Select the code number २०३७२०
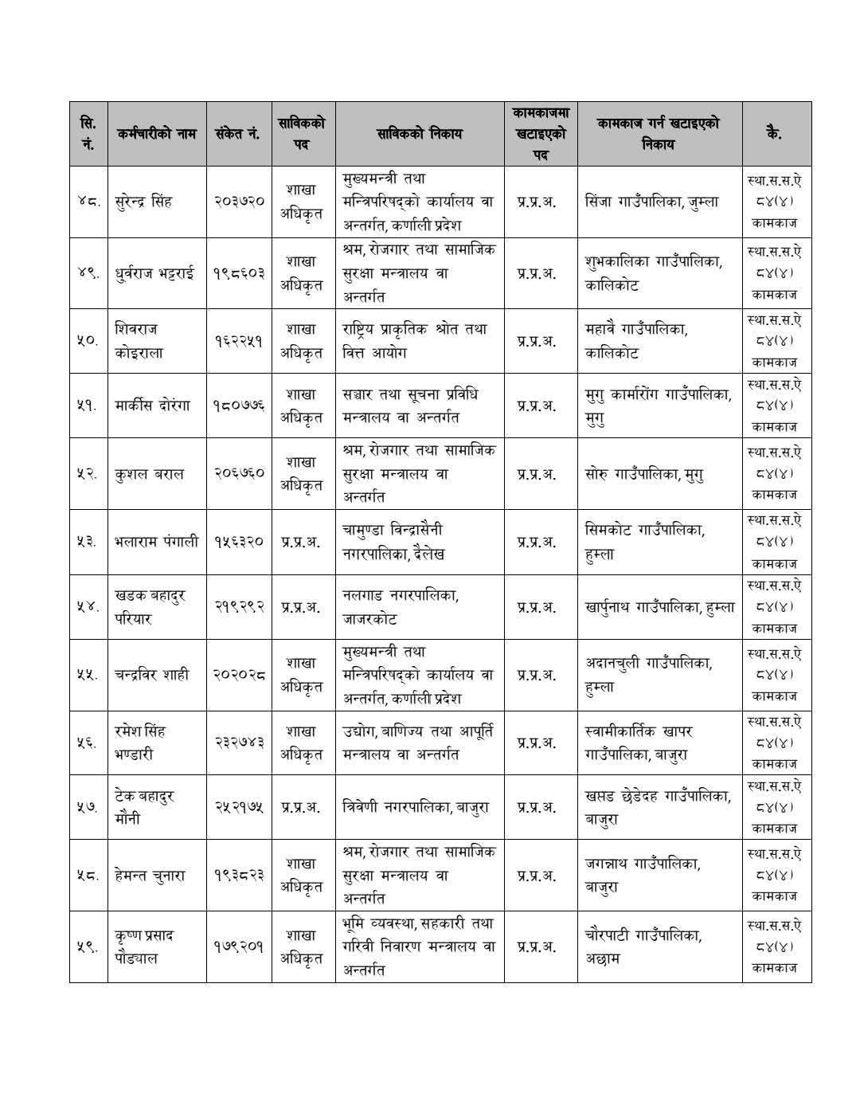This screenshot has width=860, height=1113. click(238, 201)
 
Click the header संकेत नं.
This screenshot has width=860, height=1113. click(238, 133)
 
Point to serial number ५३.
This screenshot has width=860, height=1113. click(88, 542)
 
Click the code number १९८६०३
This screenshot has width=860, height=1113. click(238, 273)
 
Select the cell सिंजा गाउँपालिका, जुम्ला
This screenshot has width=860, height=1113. click(651, 201)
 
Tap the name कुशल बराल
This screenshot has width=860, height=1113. click(149, 473)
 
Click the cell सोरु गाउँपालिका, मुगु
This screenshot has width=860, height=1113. click(643, 473)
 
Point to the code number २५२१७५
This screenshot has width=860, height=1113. click(238, 807)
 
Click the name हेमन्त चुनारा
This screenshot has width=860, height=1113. click(150, 875)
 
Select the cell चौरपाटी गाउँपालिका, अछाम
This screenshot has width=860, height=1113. click(643, 946)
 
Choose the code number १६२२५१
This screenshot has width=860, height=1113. click(238, 340)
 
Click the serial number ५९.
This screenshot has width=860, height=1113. click(88, 946)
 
